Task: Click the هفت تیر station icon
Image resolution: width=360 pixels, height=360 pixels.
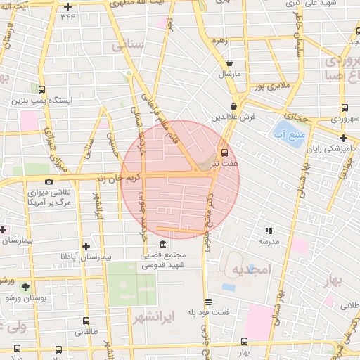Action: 224,152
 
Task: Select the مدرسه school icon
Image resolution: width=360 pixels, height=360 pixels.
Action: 268,230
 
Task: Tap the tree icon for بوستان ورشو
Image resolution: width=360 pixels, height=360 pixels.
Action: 26,287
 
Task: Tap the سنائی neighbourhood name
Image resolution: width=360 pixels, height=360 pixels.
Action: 127,46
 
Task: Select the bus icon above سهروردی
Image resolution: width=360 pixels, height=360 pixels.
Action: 344,108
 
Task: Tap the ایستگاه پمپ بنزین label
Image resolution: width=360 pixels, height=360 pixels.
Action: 43,101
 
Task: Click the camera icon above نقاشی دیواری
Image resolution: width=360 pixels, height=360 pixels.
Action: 49,182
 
